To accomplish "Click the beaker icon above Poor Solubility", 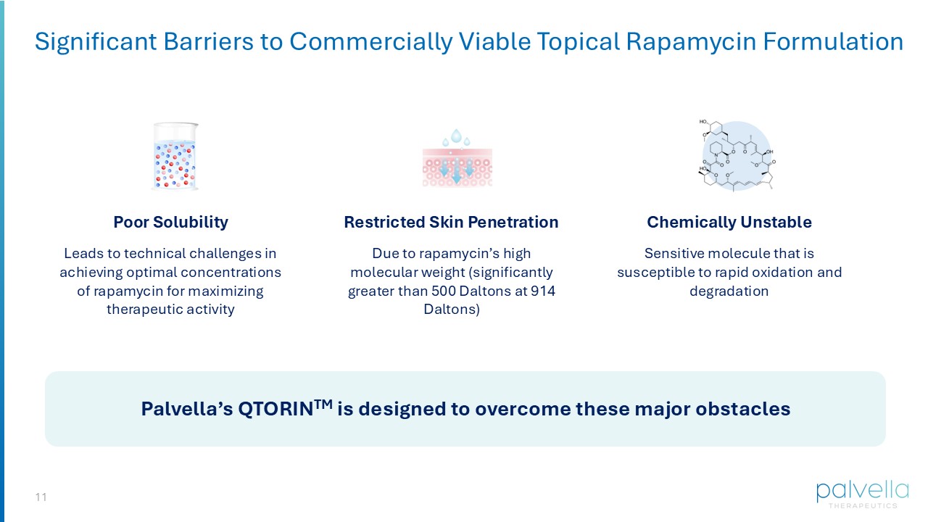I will pyautogui.click(x=175, y=157).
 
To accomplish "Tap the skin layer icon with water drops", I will pyautogui.click(x=457, y=159).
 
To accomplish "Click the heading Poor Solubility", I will pyautogui.click(x=170, y=222).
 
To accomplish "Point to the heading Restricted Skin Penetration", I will pyautogui.click(x=451, y=222).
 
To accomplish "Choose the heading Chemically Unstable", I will pyautogui.click(x=729, y=222).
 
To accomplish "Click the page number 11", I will pyautogui.click(x=41, y=497).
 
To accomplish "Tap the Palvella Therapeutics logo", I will pyautogui.click(x=861, y=493).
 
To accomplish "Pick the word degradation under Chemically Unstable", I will pyautogui.click(x=729, y=291).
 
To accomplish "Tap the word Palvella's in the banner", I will pyautogui.click(x=186, y=409).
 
